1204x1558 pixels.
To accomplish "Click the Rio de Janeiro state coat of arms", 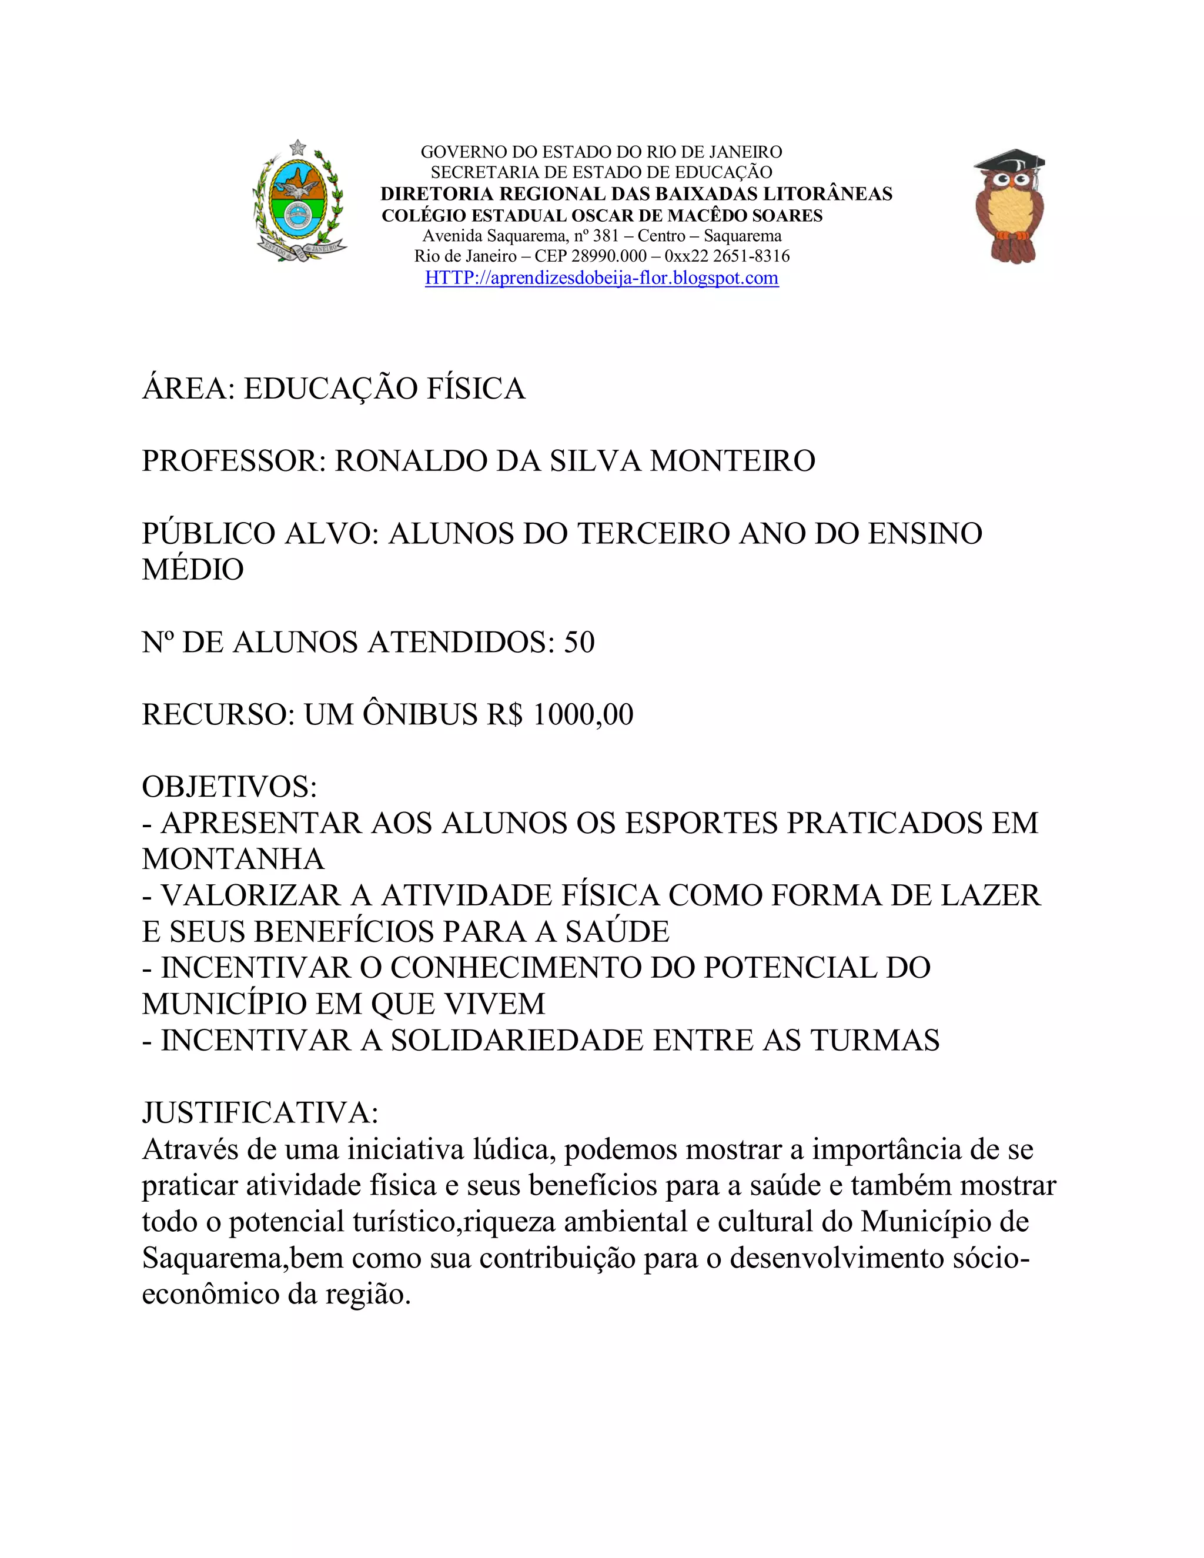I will (x=298, y=201).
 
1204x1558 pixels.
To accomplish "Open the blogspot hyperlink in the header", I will (x=601, y=278).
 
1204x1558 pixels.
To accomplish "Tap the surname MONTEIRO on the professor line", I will (x=733, y=462).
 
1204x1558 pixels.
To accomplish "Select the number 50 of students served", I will (x=579, y=643).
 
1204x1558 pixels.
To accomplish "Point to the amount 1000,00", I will (x=583, y=715).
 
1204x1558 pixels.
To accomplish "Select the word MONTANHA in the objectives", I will (x=233, y=860).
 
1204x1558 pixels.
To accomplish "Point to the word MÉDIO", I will (x=193, y=570).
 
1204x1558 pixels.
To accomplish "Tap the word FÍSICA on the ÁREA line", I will (x=476, y=389).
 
